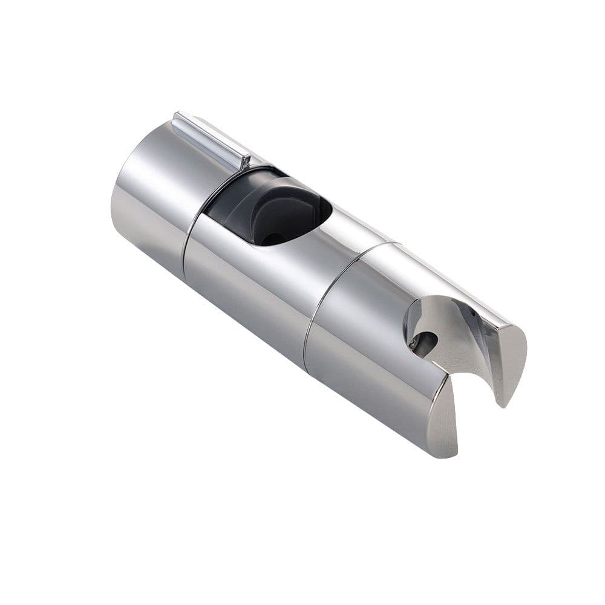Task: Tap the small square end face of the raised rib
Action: click(x=244, y=162)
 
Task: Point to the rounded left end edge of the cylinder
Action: click(x=116, y=200)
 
